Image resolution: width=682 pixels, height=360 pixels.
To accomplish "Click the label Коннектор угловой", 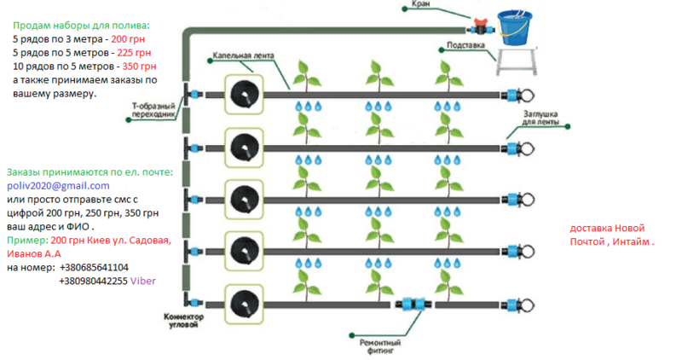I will pos(184,320).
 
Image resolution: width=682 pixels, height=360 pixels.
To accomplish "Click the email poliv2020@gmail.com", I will pos(58,185).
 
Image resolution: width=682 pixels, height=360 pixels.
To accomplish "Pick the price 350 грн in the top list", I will pos(139,67).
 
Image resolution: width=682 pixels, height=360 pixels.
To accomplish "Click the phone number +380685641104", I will pos(94,267).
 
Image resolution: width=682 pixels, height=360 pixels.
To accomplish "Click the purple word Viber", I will pos(144,281).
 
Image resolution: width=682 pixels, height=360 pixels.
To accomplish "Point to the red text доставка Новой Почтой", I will pos(612,235).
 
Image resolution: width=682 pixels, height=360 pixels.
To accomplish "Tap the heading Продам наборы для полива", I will pos(81,26).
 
